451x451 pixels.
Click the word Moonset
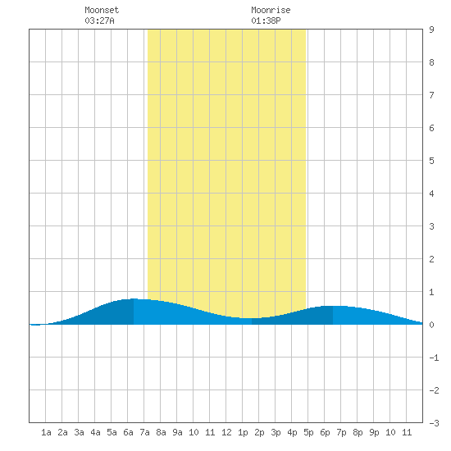coord(102,10)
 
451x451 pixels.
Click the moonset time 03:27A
coord(99,20)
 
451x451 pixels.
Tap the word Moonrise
coord(271,10)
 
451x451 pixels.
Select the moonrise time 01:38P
coord(266,20)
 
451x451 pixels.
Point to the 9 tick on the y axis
coord(431,30)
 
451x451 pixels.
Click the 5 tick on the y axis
coord(431,161)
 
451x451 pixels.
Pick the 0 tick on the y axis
coord(431,325)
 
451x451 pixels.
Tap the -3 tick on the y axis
coord(434,423)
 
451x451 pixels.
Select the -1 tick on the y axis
coord(434,358)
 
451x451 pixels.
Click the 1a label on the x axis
coord(46,432)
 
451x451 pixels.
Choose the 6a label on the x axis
coord(128,432)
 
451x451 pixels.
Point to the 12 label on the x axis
coord(226,432)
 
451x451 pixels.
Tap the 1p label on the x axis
coord(243,432)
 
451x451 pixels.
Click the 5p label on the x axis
coord(308,432)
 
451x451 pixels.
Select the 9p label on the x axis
coord(374,432)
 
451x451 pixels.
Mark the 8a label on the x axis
coord(161,432)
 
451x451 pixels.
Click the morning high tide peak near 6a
coord(134,298)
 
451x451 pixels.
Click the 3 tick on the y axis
coord(431,226)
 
